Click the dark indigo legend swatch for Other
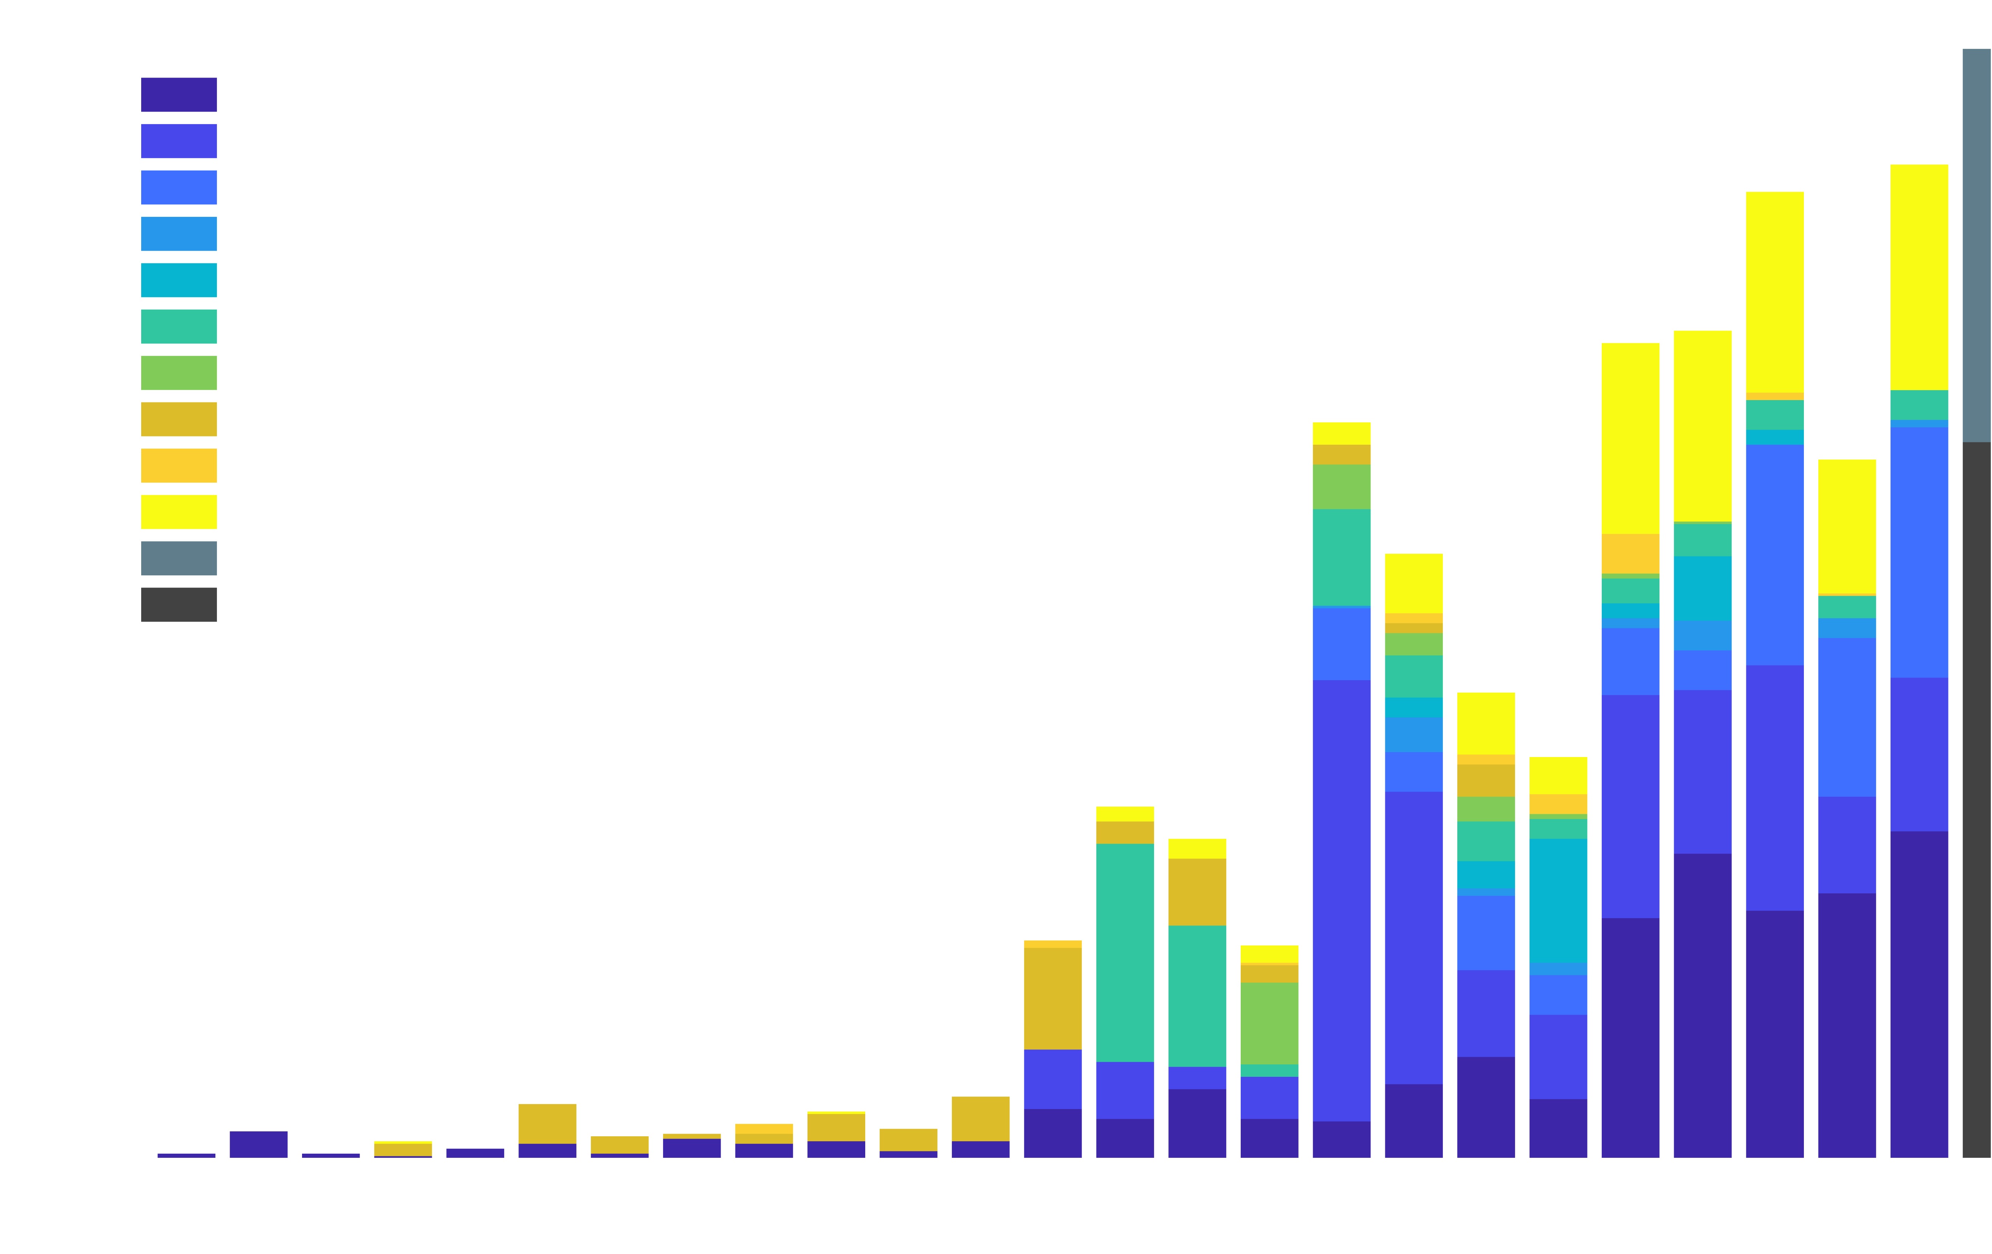coord(179,94)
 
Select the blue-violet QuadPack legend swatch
coord(179,141)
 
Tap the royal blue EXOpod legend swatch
coord(179,187)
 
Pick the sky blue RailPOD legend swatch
coord(179,233)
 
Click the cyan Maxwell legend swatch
coord(179,280)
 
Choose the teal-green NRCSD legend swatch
coord(179,326)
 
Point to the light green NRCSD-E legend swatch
coord(179,372)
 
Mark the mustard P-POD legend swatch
coord(179,419)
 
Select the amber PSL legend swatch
coord(179,465)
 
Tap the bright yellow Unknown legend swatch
coord(179,511)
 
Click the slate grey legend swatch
coord(179,558)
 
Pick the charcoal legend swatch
coord(179,604)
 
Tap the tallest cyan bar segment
coord(1558,900)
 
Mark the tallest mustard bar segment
coord(1052,999)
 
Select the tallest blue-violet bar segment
coord(1341,900)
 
